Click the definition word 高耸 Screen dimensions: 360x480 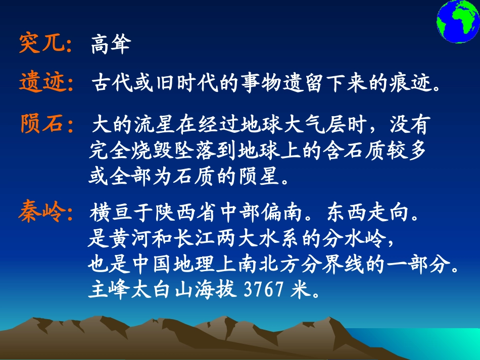tap(111, 45)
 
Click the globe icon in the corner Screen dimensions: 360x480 tap(457, 22)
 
